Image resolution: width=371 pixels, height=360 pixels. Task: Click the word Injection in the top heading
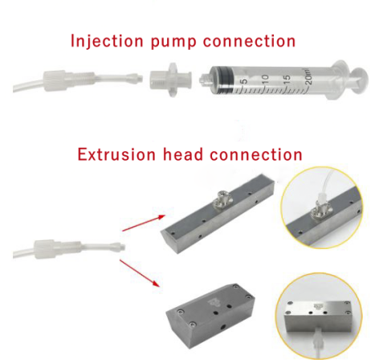click(x=107, y=41)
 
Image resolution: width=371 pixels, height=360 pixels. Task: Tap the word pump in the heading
click(x=173, y=43)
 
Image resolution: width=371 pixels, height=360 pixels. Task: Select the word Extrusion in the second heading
click(x=116, y=154)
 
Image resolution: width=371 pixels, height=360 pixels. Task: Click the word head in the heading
click(x=183, y=154)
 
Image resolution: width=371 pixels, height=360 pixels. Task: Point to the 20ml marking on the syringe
click(x=308, y=76)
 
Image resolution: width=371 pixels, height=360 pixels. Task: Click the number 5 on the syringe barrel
click(x=245, y=80)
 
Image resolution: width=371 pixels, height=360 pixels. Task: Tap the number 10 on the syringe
click(x=265, y=79)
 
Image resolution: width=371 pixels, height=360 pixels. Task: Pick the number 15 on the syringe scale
click(x=286, y=78)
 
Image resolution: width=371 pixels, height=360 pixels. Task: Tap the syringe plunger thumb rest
click(x=360, y=80)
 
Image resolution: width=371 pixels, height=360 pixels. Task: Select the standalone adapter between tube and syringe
click(x=170, y=80)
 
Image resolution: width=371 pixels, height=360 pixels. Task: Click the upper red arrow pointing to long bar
click(x=144, y=223)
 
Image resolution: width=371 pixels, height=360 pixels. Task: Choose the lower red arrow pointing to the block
click(x=140, y=273)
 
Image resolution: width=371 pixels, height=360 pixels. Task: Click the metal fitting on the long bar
click(x=222, y=201)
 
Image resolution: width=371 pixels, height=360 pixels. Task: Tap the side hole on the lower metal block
click(x=222, y=326)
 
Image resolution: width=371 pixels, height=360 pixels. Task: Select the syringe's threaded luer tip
click(x=205, y=79)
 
